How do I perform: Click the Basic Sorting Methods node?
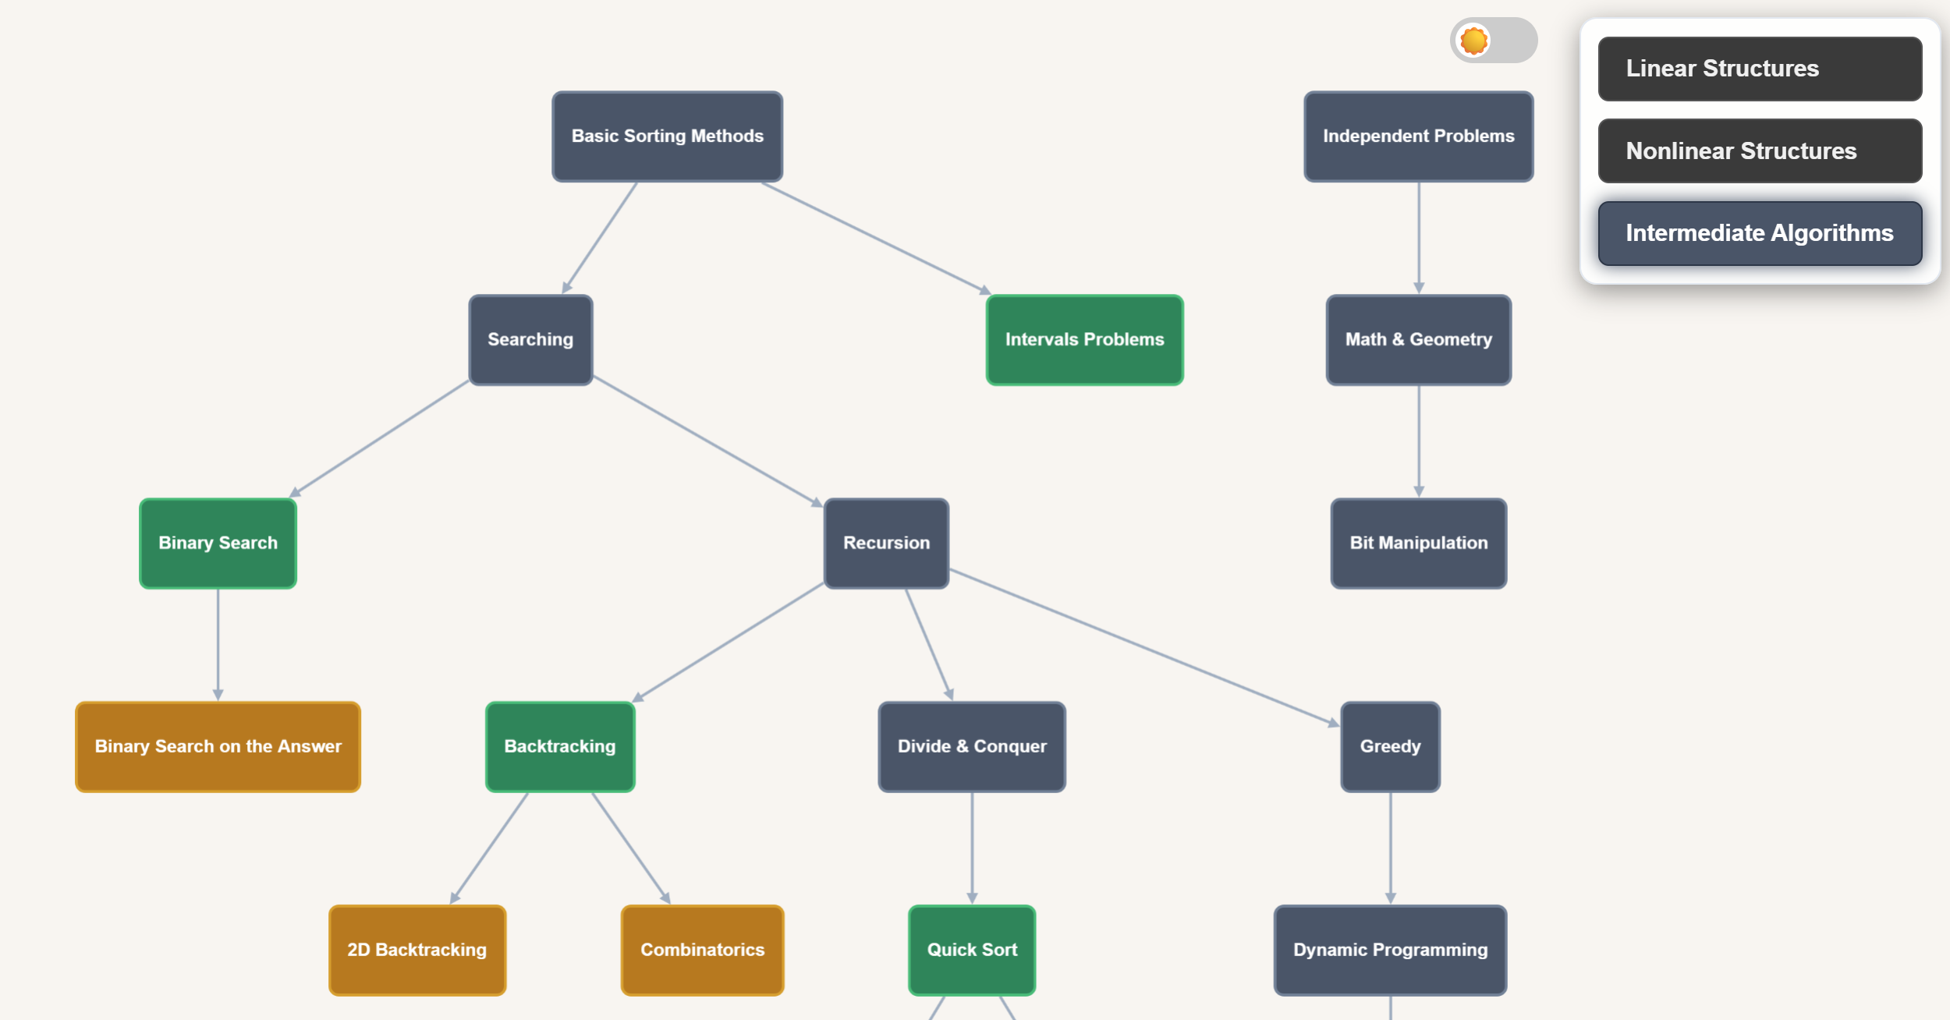point(667,136)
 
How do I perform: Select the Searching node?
point(530,340)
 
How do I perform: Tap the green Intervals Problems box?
point(1084,340)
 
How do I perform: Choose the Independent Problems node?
point(1418,136)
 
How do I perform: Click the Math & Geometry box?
point(1418,340)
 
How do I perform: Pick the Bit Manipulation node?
point(1418,544)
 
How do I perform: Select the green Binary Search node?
point(218,544)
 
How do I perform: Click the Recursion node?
point(886,544)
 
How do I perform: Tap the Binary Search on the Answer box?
point(218,747)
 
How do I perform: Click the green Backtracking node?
point(560,747)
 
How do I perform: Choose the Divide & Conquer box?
point(972,747)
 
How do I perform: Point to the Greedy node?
point(1390,747)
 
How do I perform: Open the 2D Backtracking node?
point(417,951)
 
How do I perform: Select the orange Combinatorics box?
point(702,951)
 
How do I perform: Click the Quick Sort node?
point(972,951)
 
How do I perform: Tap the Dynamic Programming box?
point(1390,951)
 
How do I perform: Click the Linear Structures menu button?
point(1760,69)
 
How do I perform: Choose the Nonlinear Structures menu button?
point(1760,151)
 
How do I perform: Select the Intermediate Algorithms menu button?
point(1760,233)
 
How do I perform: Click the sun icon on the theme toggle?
point(1473,41)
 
